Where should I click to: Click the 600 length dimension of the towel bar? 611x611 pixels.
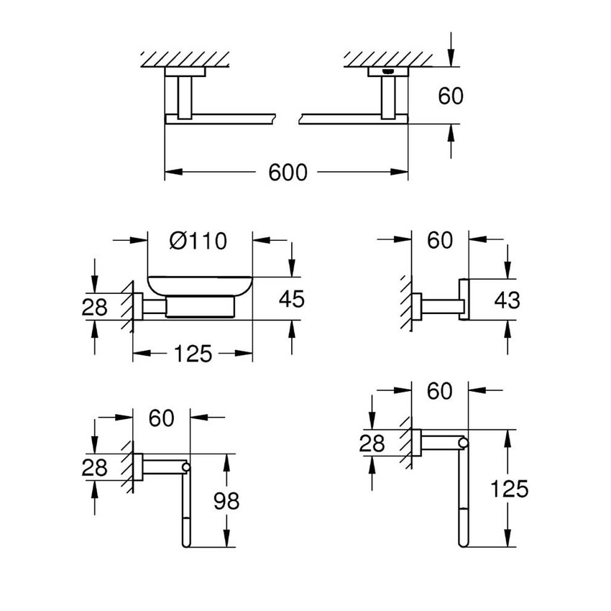[288, 173]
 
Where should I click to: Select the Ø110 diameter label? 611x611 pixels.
[198, 239]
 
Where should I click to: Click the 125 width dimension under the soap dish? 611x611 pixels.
[193, 354]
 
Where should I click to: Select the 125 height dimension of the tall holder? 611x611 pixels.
[510, 490]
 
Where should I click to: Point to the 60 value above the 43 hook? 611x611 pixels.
[440, 240]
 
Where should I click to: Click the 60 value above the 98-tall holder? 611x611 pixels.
[162, 418]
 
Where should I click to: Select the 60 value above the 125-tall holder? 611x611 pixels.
[439, 391]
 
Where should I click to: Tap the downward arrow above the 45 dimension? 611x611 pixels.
[291, 259]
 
